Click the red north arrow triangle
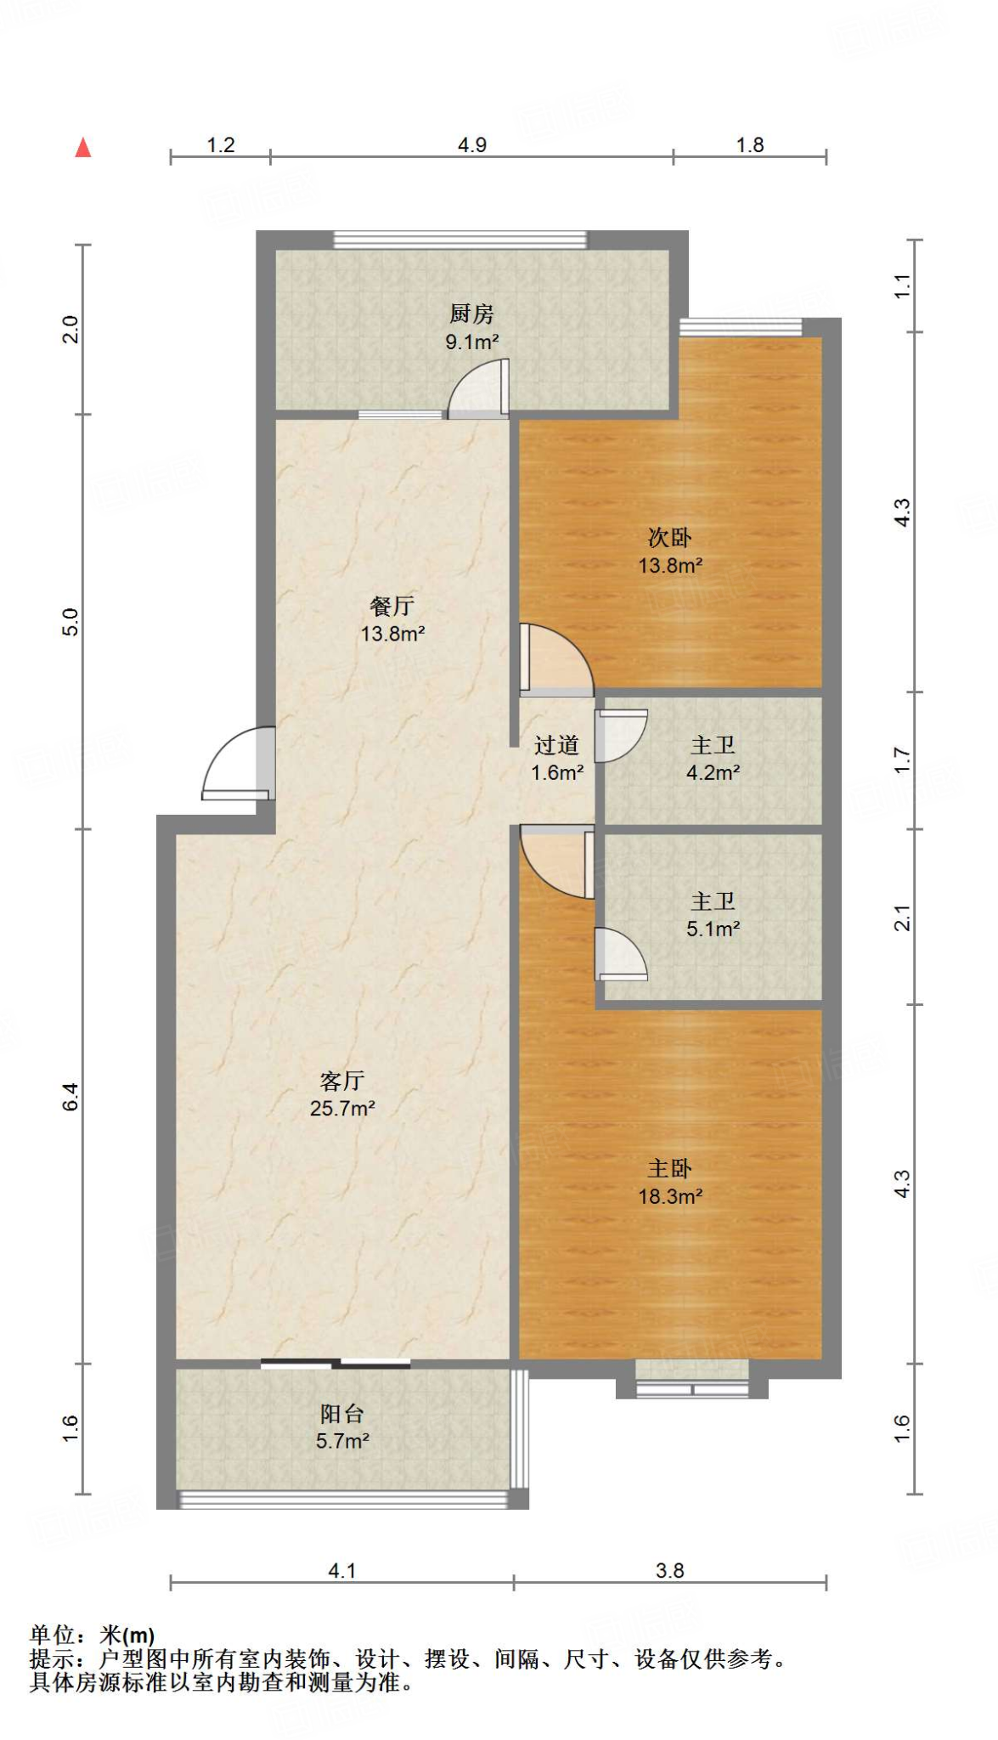pyautogui.click(x=82, y=148)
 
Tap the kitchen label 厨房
pyautogui.click(x=471, y=314)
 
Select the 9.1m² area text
pyautogui.click(x=472, y=342)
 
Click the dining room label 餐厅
pyautogui.click(x=392, y=606)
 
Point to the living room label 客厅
pyautogui.click(x=342, y=1081)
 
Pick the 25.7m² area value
pyautogui.click(x=342, y=1109)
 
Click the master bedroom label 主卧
pyautogui.click(x=670, y=1169)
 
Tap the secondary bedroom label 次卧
pyautogui.click(x=670, y=538)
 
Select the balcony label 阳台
pyautogui.click(x=342, y=1414)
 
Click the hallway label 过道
pyautogui.click(x=557, y=745)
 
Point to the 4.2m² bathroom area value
pyautogui.click(x=713, y=773)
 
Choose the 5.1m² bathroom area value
pyautogui.click(x=713, y=929)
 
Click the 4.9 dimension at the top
pyautogui.click(x=472, y=145)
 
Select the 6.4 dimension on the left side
pyautogui.click(x=70, y=1096)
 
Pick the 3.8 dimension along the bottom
pyautogui.click(x=670, y=1571)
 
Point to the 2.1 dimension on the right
pyautogui.click(x=902, y=918)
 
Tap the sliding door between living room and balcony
pyautogui.click(x=335, y=1364)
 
